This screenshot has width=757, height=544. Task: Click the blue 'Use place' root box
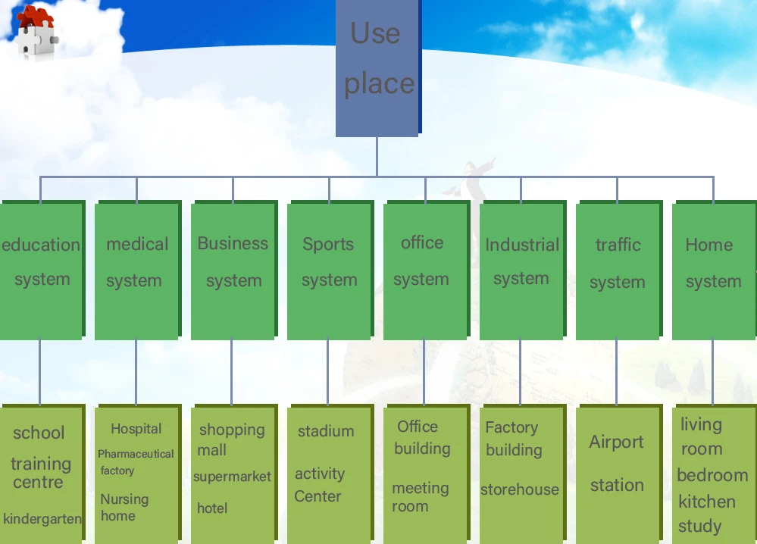(377, 67)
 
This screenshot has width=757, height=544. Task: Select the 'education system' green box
(41, 269)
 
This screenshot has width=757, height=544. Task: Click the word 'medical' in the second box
(137, 244)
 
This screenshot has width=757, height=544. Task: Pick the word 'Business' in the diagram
(233, 243)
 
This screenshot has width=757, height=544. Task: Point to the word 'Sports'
(328, 244)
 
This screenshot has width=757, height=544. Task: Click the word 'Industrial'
(522, 245)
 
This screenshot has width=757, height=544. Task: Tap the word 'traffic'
(618, 245)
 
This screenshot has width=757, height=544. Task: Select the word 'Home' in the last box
(709, 245)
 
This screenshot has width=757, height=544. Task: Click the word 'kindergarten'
(42, 519)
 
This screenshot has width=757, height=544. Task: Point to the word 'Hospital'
(136, 429)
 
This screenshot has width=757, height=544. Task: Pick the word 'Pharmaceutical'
(136, 454)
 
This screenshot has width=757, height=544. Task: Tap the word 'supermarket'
(232, 477)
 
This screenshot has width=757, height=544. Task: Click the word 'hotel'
(212, 508)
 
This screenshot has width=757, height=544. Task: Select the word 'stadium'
(326, 431)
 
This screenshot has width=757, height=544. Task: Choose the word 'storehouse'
(520, 489)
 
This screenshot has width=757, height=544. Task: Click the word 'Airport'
(617, 442)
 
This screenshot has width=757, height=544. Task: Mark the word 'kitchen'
(707, 502)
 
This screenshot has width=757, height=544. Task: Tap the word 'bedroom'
(712, 475)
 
